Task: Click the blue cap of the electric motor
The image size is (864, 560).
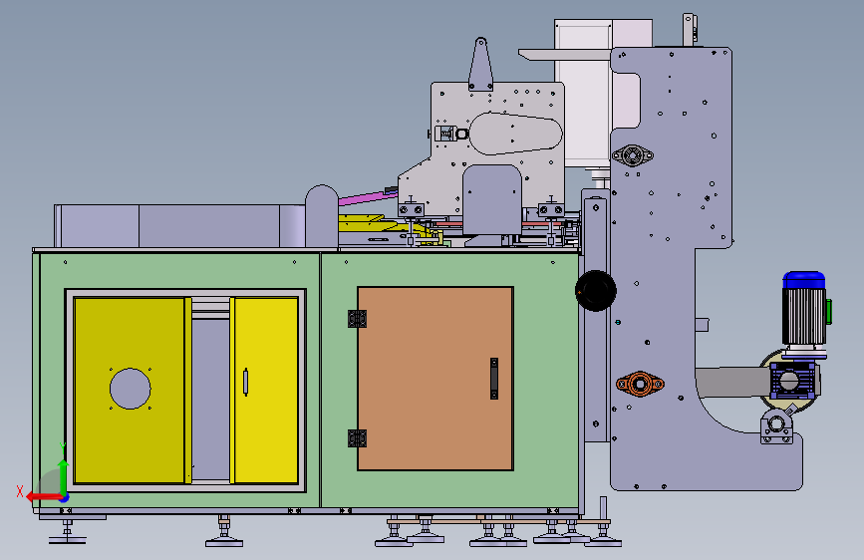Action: pyautogui.click(x=804, y=279)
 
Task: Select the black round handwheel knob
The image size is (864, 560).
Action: pyautogui.click(x=596, y=291)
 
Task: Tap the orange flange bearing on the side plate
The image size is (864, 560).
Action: pyautogui.click(x=640, y=383)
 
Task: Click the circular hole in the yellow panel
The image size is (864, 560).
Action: pyautogui.click(x=130, y=389)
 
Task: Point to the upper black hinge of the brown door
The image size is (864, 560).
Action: pyautogui.click(x=357, y=319)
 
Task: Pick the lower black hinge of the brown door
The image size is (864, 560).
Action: pyautogui.click(x=357, y=438)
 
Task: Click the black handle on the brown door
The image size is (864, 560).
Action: pyautogui.click(x=494, y=379)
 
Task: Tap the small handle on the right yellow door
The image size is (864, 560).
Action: pyautogui.click(x=246, y=383)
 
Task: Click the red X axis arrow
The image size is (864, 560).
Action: pyautogui.click(x=45, y=497)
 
